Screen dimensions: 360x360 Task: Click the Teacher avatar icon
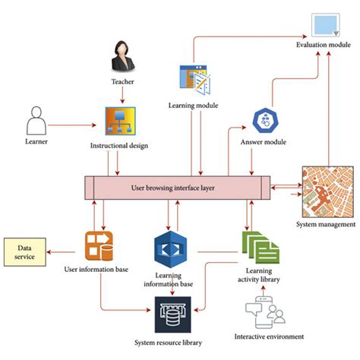click(125, 55)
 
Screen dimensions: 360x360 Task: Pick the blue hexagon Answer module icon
click(265, 122)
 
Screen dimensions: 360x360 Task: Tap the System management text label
click(326, 225)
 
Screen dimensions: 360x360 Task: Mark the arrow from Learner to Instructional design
click(79, 120)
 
